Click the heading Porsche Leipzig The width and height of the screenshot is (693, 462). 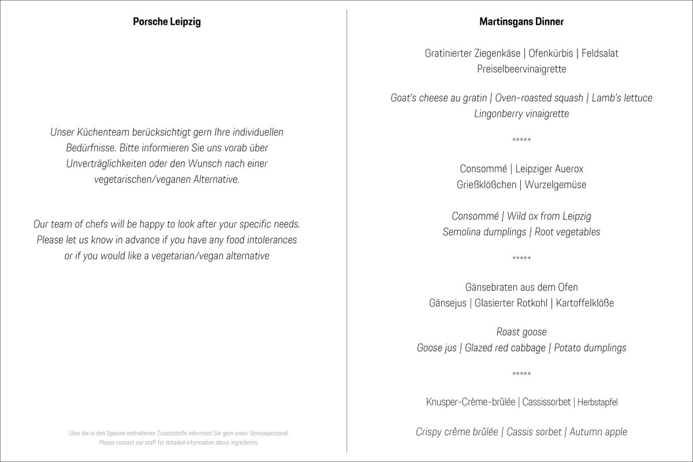coord(167,22)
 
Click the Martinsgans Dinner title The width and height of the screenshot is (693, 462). coord(521,22)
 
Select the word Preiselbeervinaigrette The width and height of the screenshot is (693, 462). coord(521,69)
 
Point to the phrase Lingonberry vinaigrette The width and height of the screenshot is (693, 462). coord(521,114)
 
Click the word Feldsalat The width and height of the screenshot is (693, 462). coord(600,53)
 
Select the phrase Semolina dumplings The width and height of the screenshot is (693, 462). coord(486,232)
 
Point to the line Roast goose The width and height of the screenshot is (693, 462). coord(521,332)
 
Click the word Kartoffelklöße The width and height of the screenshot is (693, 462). coord(584,303)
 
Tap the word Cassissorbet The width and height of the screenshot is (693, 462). coord(546,402)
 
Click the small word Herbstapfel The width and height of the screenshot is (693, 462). coord(597,403)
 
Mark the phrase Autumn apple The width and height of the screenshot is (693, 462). coord(598,432)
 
